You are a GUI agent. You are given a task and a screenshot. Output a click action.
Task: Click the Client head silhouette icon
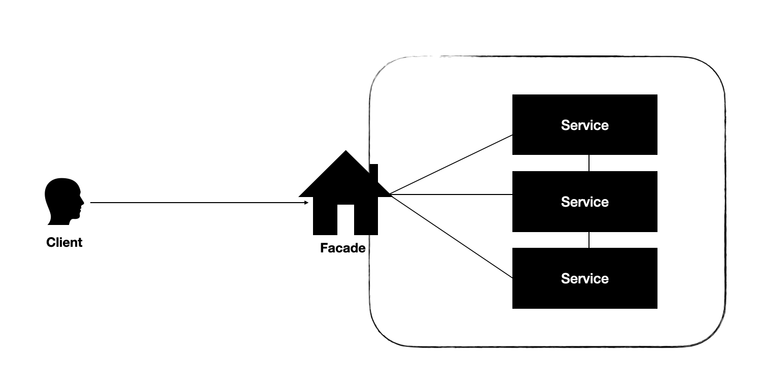[x=62, y=200]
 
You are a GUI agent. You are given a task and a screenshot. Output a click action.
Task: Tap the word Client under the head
[x=64, y=243]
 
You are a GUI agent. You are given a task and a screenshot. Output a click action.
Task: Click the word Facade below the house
[x=343, y=248]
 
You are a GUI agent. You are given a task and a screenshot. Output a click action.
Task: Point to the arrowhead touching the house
[x=306, y=203]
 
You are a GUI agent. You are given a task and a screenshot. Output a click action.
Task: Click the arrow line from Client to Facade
[x=198, y=203]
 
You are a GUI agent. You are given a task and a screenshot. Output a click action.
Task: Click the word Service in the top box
[x=584, y=125]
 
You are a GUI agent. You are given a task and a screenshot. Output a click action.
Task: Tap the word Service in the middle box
[x=584, y=202]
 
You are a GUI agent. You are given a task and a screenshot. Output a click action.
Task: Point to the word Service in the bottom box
[x=584, y=278]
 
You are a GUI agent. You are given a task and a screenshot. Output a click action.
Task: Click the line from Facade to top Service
[x=452, y=165]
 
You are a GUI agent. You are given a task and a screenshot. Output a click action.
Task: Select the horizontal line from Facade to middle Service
[x=452, y=194]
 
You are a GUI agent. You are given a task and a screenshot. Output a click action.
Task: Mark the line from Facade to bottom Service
[x=452, y=237]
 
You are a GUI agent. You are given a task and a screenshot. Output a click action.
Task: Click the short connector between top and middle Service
[x=588, y=163]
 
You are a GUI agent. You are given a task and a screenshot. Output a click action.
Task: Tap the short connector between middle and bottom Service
[x=588, y=240]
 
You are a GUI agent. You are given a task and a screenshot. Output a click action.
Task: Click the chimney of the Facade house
[x=374, y=172]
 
